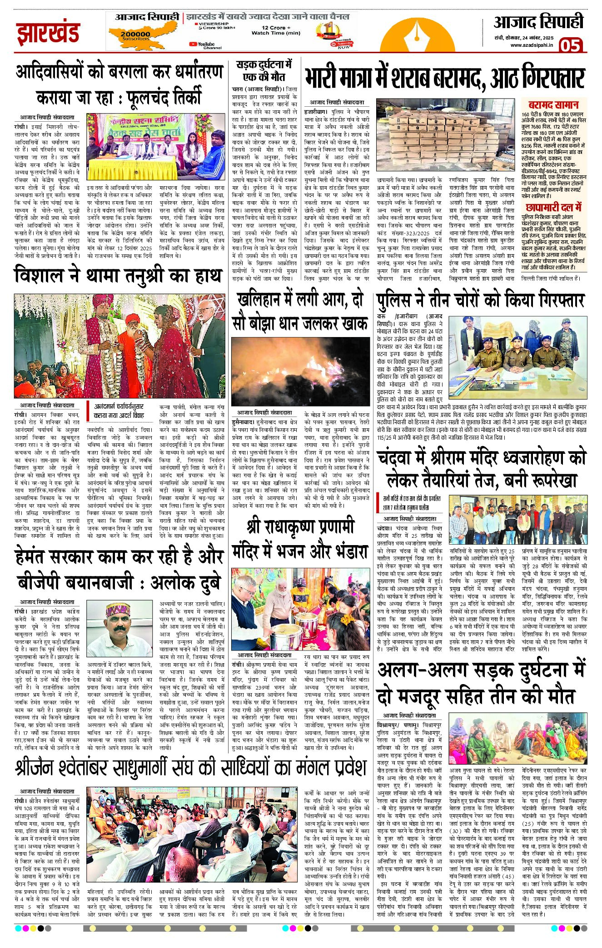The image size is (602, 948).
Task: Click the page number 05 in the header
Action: (570, 45)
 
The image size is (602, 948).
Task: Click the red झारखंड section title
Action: (48, 33)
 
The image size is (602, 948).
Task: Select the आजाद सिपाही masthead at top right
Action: (538, 22)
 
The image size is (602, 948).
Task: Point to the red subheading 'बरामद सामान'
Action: (553, 104)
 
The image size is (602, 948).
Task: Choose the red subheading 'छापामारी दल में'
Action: (553, 208)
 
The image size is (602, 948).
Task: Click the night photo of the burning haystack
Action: (300, 371)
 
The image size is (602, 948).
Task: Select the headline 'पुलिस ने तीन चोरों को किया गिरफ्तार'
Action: (481, 301)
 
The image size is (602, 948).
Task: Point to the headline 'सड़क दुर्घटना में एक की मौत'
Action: (264, 70)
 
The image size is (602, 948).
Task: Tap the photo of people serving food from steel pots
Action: (300, 609)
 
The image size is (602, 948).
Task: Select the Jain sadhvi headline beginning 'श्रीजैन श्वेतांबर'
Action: (191, 768)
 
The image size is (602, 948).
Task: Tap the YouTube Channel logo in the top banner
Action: (206, 45)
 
